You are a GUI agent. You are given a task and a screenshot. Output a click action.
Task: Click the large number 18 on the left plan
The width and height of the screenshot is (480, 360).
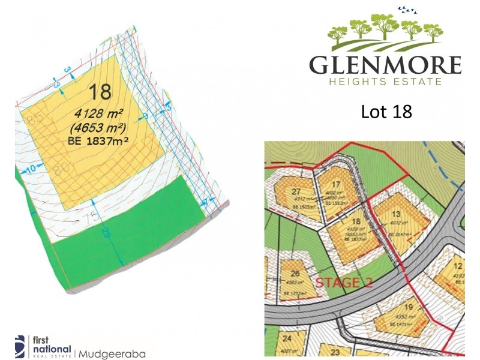click(100, 92)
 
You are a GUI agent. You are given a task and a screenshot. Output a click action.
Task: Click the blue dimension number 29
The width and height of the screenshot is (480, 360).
click(121, 232)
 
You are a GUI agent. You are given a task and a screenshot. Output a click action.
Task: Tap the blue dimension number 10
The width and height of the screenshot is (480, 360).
click(29, 169)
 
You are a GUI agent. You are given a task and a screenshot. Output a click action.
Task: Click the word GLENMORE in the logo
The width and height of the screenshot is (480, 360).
click(385, 64)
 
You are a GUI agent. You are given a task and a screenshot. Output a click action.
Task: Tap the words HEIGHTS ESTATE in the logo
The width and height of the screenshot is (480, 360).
click(385, 81)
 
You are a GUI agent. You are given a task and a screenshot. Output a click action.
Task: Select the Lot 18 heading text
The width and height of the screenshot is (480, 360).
click(386, 112)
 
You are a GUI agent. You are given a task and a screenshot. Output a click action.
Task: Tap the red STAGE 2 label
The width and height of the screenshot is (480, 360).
click(340, 283)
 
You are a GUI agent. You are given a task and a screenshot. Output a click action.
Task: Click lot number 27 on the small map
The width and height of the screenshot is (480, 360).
click(296, 191)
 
